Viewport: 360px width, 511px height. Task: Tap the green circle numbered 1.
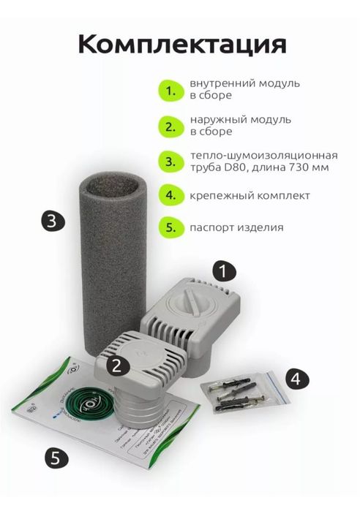point(170,92)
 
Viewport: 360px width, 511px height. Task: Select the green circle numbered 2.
point(170,126)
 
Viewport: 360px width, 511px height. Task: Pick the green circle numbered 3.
point(170,161)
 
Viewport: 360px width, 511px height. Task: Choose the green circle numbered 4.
point(170,195)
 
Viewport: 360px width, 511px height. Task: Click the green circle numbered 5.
point(170,227)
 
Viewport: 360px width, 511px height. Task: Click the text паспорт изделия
point(236,227)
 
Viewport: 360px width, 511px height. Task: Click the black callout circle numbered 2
point(119,361)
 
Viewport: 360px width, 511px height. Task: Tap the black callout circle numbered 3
point(50,221)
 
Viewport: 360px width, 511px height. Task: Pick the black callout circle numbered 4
point(296,378)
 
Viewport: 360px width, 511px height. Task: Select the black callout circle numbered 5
point(55,458)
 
